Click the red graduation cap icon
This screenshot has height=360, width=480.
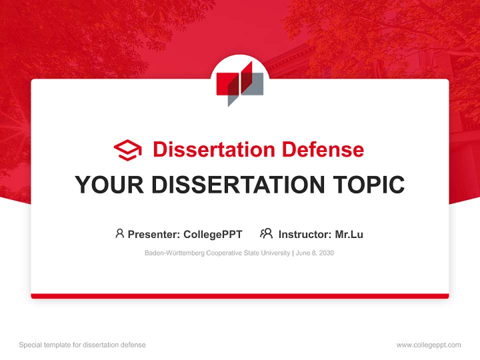point(127,150)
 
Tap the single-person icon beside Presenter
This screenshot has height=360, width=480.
point(119,233)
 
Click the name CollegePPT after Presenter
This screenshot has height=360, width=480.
point(213,234)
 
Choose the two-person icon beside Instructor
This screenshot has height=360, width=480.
point(266,233)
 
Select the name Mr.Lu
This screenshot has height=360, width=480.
point(349,234)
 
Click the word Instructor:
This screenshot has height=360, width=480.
point(304,234)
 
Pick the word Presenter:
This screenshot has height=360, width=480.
point(154,234)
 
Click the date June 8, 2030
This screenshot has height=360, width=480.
point(315,253)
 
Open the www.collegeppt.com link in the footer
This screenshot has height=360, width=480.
point(428,345)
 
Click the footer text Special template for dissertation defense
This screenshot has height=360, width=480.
point(82,345)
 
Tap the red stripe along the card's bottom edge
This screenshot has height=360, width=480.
point(240,296)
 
